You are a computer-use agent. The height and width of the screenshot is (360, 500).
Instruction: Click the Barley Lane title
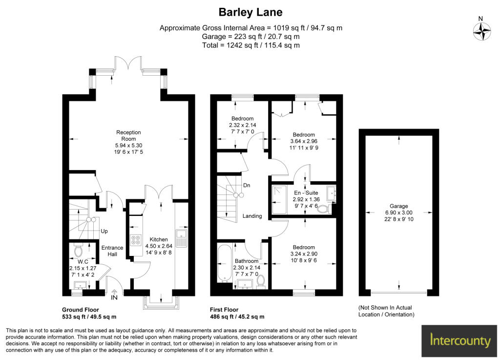coord(250,12)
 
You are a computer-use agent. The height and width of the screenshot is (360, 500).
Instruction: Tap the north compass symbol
coord(481,32)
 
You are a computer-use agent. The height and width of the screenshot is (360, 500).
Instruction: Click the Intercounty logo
coord(459,341)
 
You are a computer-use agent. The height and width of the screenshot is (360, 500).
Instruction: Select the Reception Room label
coord(128,135)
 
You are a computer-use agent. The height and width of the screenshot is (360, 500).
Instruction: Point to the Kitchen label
coord(159,239)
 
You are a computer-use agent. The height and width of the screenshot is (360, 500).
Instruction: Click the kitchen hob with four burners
coord(136,240)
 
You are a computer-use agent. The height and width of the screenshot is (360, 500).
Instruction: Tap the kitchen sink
coord(181,237)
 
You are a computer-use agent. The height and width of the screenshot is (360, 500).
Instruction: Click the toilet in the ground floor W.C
coord(78,250)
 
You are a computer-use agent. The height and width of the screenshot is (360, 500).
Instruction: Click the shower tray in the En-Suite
coord(280,200)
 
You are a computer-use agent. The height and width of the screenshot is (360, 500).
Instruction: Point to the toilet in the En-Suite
coord(325,209)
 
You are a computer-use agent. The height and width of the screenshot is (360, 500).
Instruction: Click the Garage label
coord(398,206)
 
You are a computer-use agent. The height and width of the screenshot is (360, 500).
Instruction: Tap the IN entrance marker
coord(114,297)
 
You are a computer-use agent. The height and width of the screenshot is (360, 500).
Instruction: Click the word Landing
coord(252,216)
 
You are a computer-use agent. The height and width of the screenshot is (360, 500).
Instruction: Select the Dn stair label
coord(247,185)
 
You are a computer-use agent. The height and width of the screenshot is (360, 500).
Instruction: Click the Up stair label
coord(104,231)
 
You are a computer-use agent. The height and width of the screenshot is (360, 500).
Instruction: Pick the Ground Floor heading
coord(81,310)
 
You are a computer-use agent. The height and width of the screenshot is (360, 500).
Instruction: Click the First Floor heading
coord(224,310)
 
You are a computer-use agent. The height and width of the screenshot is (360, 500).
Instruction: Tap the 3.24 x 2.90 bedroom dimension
coord(304,254)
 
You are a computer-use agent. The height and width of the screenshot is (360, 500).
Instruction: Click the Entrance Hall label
coord(112,251)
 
